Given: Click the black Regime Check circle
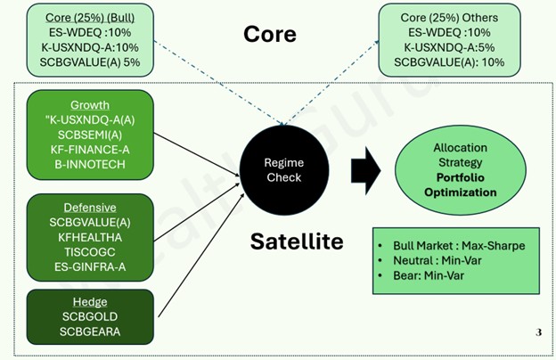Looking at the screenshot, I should pyautogui.click(x=282, y=170).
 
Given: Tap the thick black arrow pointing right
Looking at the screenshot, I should pyautogui.click(x=364, y=170).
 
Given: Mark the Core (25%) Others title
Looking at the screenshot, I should pyautogui.click(x=449, y=17).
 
